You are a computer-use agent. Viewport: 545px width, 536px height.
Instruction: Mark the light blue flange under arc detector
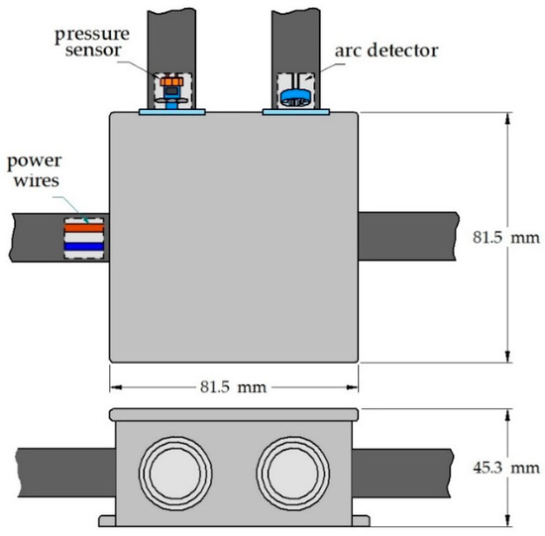pos(293,112)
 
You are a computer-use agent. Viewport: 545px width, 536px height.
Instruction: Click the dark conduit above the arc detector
pos(293,30)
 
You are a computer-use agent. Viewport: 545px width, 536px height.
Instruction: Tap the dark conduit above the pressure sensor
pos(174,30)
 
